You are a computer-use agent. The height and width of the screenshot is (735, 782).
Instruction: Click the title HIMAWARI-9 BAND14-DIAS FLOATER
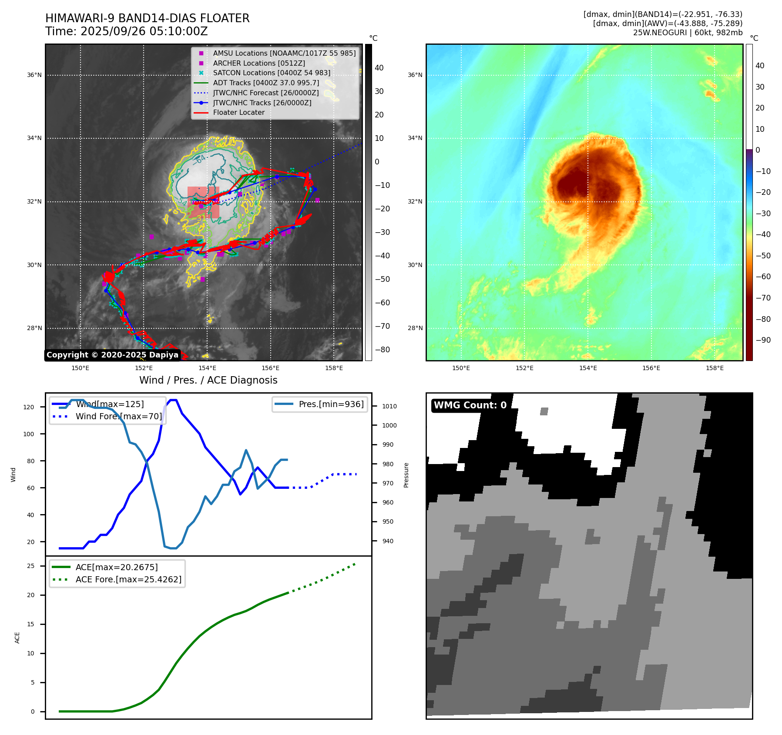click(147, 18)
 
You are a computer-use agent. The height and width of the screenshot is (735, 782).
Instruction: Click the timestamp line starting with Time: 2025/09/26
click(126, 32)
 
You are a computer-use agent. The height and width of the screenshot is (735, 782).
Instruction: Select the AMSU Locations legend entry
click(284, 53)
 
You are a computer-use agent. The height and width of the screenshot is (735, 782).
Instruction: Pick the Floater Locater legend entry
click(238, 112)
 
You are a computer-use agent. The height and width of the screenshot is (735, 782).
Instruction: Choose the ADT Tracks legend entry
click(265, 83)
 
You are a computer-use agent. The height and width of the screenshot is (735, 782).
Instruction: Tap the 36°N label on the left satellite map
click(34, 75)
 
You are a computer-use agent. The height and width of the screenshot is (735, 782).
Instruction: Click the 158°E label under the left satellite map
click(334, 368)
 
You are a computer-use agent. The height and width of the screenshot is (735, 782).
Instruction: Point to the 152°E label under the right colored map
click(524, 368)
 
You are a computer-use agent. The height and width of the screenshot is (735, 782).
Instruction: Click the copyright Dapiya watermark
click(112, 355)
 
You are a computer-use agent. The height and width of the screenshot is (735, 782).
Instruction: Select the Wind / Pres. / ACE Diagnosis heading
click(208, 380)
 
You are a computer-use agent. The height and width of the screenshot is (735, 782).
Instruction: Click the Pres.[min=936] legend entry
click(331, 404)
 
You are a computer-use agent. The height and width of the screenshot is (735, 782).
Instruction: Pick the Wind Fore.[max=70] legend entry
click(118, 416)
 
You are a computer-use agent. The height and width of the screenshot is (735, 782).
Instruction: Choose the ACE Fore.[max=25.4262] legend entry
click(128, 579)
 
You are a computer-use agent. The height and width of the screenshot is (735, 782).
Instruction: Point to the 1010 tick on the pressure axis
click(389, 406)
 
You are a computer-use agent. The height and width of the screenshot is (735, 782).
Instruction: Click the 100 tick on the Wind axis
click(29, 434)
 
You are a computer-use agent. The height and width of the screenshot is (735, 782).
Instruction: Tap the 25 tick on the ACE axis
click(30, 566)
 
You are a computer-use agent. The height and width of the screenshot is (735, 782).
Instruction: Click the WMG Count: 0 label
click(470, 405)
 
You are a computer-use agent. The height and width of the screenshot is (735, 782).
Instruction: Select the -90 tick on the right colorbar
click(763, 340)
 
